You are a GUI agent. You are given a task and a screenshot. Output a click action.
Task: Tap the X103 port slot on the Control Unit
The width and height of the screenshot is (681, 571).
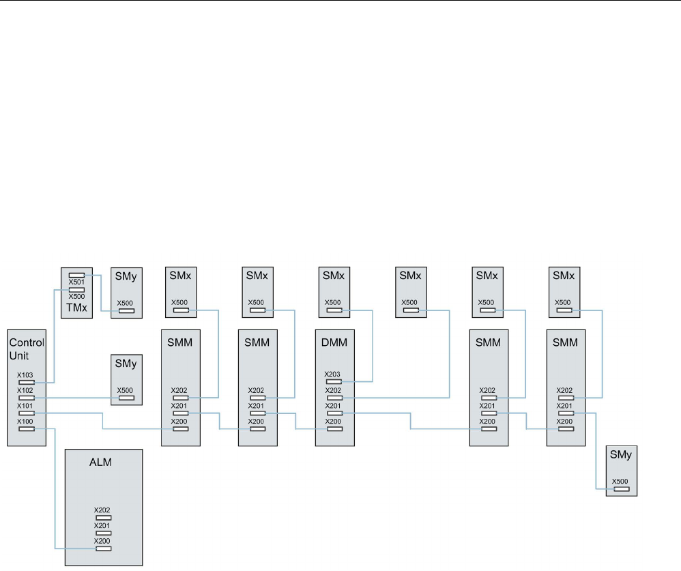pyautogui.click(x=27, y=383)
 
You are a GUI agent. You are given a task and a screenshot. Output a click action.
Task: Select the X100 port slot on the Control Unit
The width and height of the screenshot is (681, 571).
pyautogui.click(x=27, y=429)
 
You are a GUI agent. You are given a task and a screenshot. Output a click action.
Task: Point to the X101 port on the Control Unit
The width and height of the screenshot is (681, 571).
pyautogui.click(x=27, y=413)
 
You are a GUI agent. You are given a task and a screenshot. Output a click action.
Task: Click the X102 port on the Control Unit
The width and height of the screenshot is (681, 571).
pyautogui.click(x=27, y=398)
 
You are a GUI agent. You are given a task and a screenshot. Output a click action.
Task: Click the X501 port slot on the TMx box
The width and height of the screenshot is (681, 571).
pyautogui.click(x=76, y=275)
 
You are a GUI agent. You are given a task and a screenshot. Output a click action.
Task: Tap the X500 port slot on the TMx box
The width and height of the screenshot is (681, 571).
pyautogui.click(x=76, y=290)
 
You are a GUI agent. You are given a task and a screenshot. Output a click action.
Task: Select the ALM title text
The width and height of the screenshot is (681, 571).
pyautogui.click(x=100, y=463)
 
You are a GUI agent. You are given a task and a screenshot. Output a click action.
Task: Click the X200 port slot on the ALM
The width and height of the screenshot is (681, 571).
pyautogui.click(x=104, y=548)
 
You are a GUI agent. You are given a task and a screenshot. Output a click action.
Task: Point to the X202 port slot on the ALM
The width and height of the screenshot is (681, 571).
pyautogui.click(x=104, y=518)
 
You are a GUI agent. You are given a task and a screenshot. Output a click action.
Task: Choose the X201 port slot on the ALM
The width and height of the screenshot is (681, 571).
pyautogui.click(x=104, y=533)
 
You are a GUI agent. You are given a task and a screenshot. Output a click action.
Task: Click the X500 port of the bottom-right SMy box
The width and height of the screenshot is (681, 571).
pyautogui.click(x=620, y=489)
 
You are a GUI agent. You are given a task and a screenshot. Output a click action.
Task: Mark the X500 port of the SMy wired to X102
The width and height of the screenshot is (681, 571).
pyautogui.click(x=126, y=398)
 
